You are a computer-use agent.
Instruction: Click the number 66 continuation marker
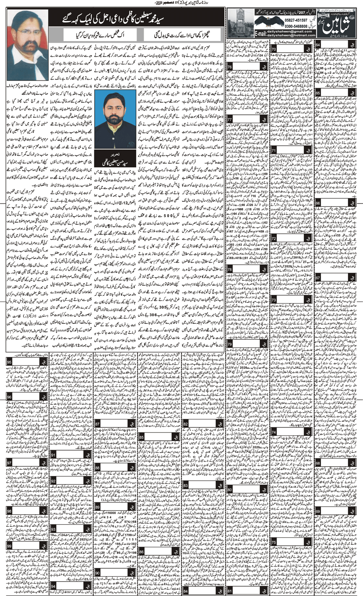click(x=319, y=204)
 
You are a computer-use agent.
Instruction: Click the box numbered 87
click(x=98, y=425)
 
